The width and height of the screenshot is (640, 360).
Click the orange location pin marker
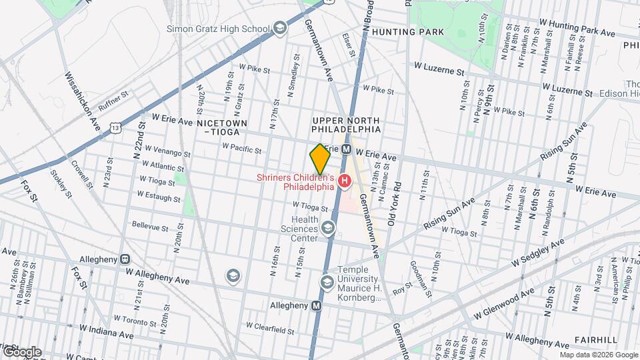[x=320, y=159]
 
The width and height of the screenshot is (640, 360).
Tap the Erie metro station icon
[x=346, y=150]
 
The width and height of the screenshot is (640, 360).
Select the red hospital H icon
[x=345, y=181]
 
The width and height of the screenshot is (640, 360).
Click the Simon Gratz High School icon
[x=280, y=28]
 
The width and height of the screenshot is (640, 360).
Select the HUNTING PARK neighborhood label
[x=400, y=31]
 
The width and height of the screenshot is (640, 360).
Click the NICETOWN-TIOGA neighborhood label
[x=222, y=127]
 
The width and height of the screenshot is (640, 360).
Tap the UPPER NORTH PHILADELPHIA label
[x=347, y=124]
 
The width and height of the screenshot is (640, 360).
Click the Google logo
[x=21, y=351]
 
